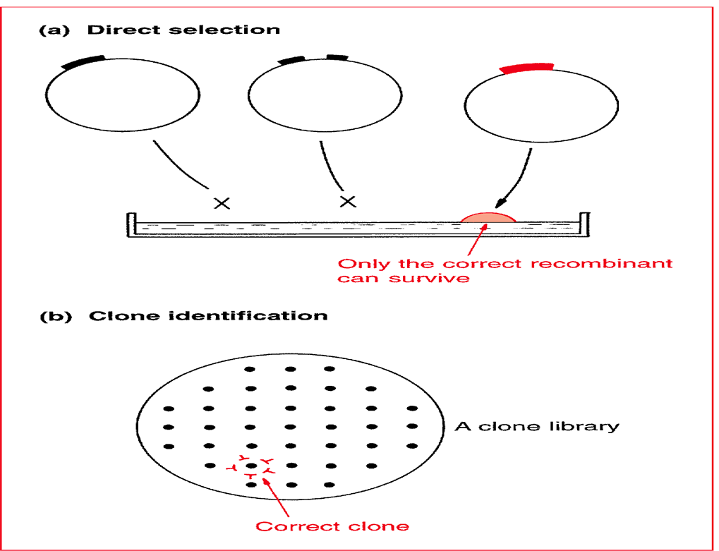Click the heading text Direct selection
[183, 30]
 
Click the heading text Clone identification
[207, 315]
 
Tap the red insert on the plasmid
[526, 67]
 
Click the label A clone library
[536, 426]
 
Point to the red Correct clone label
[332, 526]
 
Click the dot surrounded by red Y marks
[250, 466]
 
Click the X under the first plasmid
[222, 203]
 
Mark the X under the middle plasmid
[347, 202]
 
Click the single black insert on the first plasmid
[84, 61]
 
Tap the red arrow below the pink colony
[476, 240]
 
